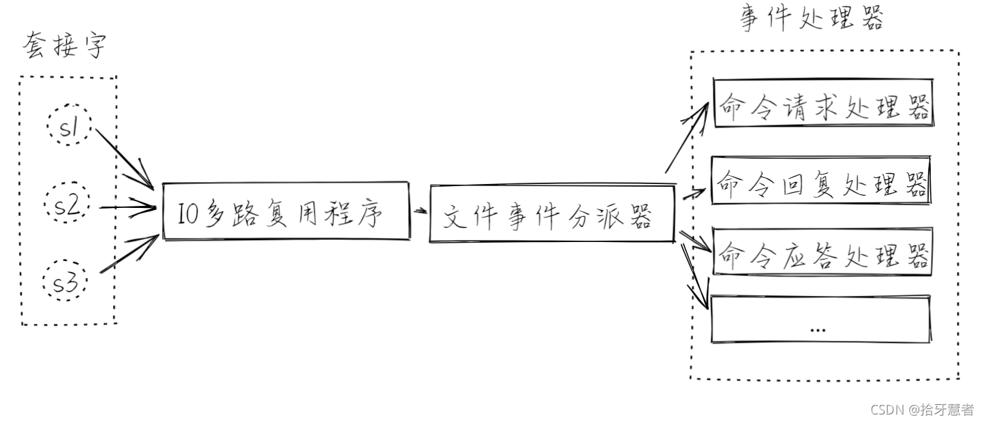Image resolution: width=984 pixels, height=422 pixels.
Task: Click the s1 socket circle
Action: point(69,125)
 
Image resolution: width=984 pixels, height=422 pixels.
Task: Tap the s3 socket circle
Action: point(66,282)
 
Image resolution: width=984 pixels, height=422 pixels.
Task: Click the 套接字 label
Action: point(65,46)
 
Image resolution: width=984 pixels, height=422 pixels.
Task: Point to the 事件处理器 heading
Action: point(812,19)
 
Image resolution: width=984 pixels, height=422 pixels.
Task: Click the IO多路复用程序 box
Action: point(286,211)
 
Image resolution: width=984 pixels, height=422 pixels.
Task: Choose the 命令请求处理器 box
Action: point(822,104)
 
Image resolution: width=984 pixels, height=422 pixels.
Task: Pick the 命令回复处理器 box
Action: point(821,181)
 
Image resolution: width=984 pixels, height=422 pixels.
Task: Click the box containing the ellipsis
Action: point(820,319)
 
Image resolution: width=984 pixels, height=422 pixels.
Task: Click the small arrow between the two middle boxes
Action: point(420,211)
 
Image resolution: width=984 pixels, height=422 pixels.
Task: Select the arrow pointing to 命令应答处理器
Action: point(695,243)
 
